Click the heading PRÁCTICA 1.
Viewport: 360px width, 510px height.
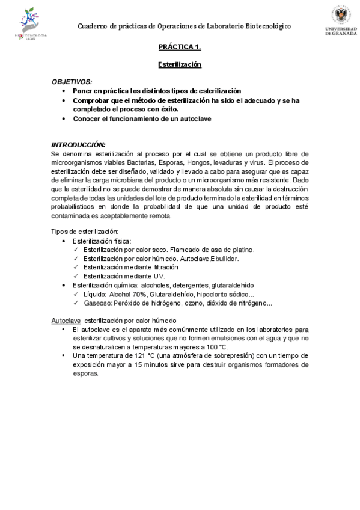pos(180,46)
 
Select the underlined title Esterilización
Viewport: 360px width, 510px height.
pos(180,64)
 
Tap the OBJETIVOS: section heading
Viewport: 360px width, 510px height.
pos(72,81)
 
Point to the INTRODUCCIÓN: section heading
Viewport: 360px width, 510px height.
pos(78,145)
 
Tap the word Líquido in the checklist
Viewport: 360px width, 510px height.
pos(95,294)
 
